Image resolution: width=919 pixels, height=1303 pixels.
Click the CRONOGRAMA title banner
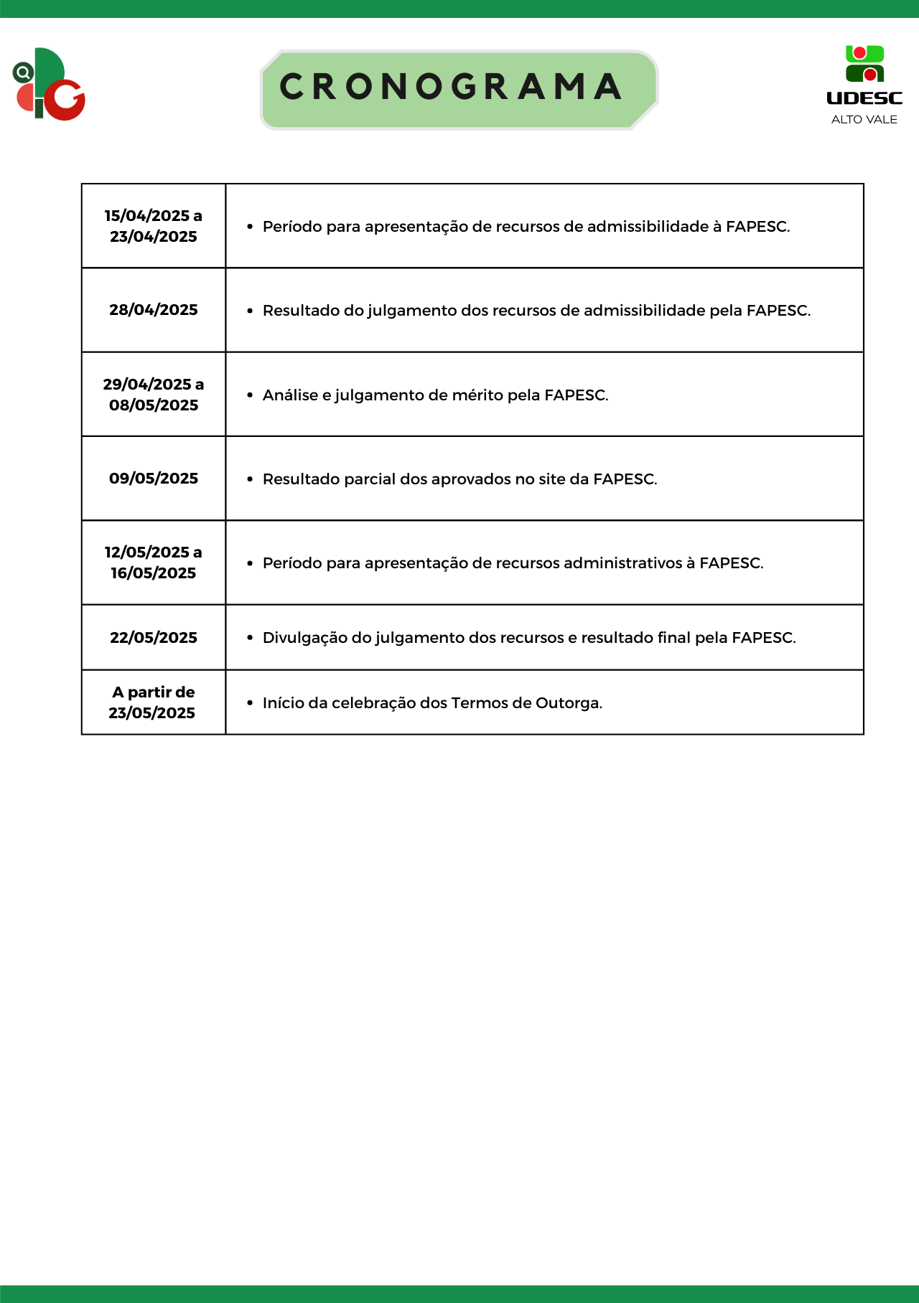click(x=458, y=89)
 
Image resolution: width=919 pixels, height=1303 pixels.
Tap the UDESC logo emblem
click(x=864, y=65)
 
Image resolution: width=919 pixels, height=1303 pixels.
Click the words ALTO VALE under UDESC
click(x=864, y=120)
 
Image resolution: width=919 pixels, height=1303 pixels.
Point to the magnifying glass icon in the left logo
click(x=24, y=72)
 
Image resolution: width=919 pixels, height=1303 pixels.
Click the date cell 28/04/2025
click(x=154, y=310)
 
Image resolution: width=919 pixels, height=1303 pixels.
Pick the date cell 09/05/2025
click(x=154, y=479)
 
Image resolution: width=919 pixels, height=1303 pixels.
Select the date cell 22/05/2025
click(x=154, y=638)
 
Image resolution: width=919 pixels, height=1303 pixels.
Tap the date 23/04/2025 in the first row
click(x=154, y=237)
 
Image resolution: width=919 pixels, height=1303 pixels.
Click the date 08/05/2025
click(x=154, y=405)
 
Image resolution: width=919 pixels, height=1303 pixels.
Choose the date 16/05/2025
click(x=154, y=573)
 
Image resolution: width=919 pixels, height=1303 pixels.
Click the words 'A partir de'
click(x=154, y=692)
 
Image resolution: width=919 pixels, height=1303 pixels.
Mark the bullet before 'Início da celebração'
click(x=250, y=703)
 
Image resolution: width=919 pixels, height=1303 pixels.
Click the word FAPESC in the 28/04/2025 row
click(x=778, y=311)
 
